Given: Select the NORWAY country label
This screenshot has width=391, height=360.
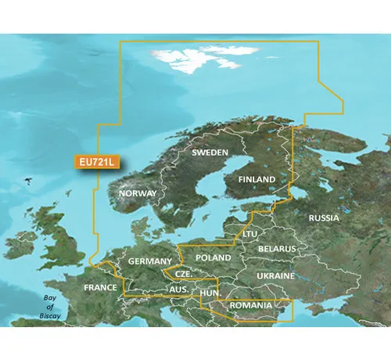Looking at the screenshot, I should tap(138, 193).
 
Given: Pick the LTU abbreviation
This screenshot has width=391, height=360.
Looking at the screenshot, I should tap(250, 233).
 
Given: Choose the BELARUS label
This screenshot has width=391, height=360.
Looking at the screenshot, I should tap(278, 248).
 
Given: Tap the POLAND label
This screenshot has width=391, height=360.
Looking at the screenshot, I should tap(213, 257).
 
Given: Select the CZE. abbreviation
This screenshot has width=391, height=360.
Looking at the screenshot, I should tap(184, 275).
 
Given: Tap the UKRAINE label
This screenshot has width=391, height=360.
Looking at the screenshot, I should tap(276, 276).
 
